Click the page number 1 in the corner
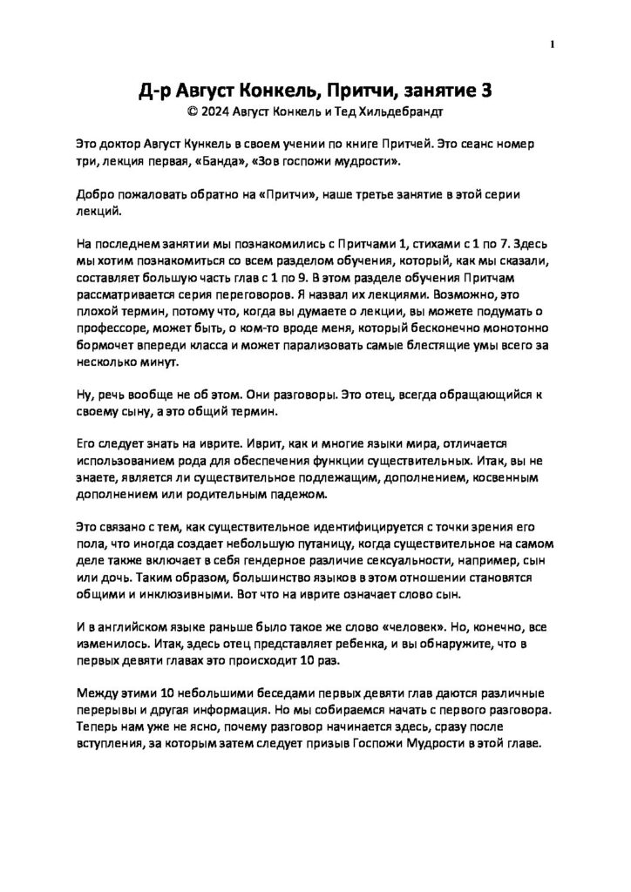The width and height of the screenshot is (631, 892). pyautogui.click(x=553, y=44)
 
